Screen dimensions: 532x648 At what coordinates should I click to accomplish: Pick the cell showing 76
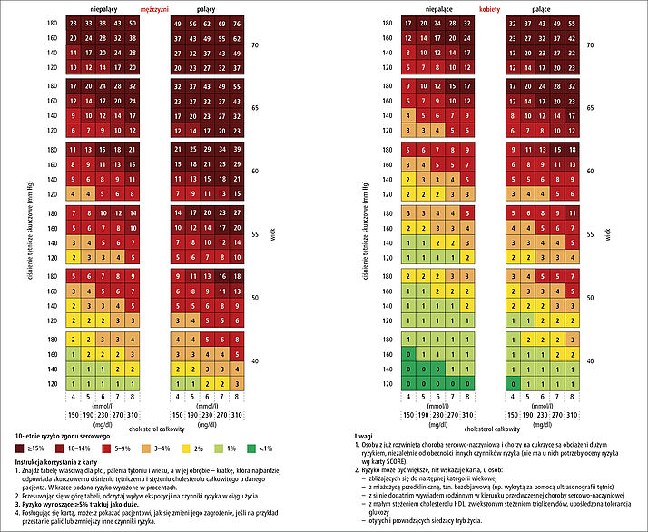coord(237,23)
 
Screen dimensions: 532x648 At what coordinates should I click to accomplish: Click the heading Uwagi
coord(365,434)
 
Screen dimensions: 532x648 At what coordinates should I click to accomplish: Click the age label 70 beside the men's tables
coord(257,44)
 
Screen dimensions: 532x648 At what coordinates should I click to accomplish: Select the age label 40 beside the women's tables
coord(590,360)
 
